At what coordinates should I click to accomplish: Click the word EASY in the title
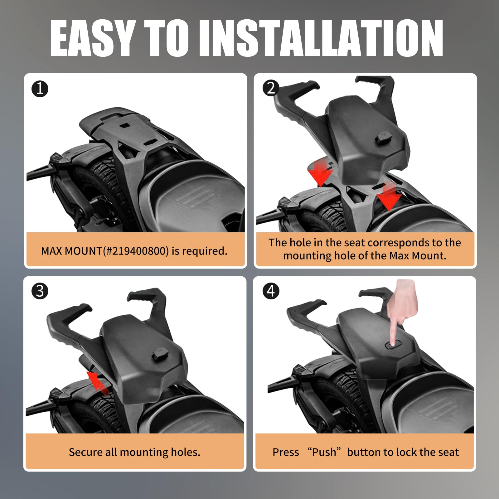(92, 38)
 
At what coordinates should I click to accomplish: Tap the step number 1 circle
(40, 89)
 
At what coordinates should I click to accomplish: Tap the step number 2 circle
(271, 88)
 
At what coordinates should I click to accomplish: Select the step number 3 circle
(40, 291)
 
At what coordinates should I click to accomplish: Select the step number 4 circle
(271, 291)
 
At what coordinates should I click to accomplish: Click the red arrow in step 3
(97, 381)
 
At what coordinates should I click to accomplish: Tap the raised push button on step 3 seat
(160, 354)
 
